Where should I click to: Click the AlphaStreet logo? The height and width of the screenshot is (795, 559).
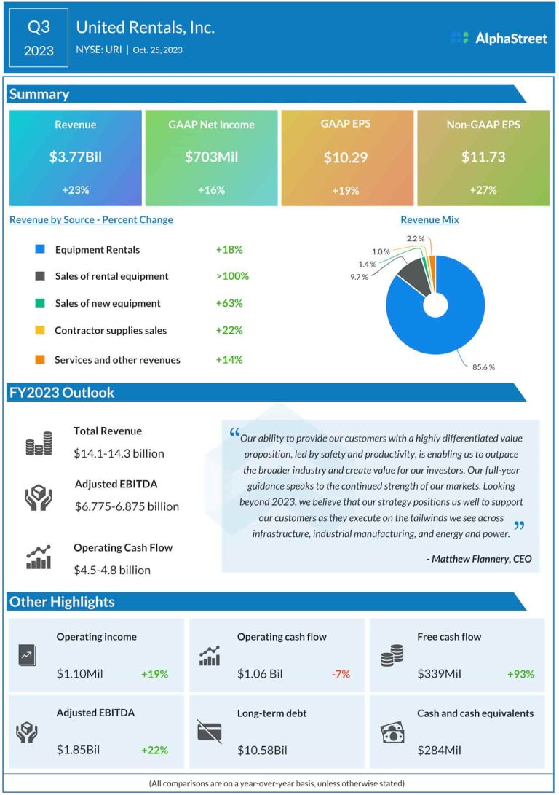point(499,38)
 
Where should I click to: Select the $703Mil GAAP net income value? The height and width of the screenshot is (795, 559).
point(211,157)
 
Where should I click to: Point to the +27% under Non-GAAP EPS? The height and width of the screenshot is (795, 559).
point(483,190)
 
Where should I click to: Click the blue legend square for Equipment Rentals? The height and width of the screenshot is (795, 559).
point(40,250)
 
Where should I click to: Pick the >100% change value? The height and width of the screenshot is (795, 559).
point(232,276)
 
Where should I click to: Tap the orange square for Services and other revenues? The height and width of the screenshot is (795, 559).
point(40,359)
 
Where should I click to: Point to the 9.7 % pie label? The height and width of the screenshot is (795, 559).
point(359,278)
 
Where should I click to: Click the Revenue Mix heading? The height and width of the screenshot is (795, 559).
point(429,219)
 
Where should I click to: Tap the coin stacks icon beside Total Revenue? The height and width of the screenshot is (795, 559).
point(39,443)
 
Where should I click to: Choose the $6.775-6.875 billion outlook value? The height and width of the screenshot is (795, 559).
point(127,506)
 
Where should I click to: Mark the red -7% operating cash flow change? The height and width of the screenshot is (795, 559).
point(341,674)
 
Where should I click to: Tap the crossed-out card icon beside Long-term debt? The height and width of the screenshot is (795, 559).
point(210,732)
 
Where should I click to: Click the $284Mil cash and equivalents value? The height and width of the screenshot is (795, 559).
point(440,750)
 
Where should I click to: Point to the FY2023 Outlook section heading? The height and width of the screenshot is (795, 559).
point(62,393)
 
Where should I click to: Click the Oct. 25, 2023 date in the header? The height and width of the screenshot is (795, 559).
point(157,50)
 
